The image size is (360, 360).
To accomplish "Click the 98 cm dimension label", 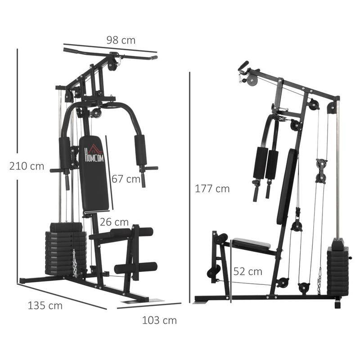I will [x=121, y=40].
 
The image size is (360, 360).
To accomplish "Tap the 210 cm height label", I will [x=27, y=166].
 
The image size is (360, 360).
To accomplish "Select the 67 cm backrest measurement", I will [x=126, y=179].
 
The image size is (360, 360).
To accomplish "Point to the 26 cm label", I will [x=114, y=222].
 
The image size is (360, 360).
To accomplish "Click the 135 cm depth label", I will [x=45, y=306].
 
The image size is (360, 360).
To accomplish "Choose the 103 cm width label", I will [x=159, y=320].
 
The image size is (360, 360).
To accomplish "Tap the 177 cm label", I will [x=212, y=189].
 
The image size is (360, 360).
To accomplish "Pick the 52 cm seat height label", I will [x=247, y=271].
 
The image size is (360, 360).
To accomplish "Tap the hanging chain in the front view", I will [x=75, y=263].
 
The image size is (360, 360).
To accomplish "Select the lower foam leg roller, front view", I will [x=135, y=268].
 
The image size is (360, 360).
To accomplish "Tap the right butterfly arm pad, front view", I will [x=140, y=150].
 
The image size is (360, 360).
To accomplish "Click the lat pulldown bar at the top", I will [x=110, y=54].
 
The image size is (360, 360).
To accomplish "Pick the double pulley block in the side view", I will [x=321, y=170].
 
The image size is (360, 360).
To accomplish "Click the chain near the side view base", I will [x=319, y=282].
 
